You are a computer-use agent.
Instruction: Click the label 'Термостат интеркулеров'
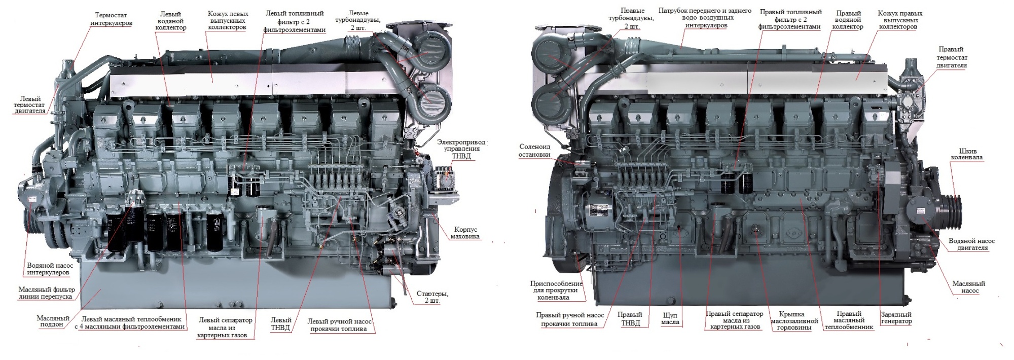coord(112,19)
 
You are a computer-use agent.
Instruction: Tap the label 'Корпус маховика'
coord(465,233)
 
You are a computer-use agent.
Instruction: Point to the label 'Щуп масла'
coord(670,318)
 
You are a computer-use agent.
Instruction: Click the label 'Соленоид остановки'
coord(534,151)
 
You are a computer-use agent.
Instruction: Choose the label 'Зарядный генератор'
coord(896,318)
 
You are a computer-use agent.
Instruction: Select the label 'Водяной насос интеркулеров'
coord(50,269)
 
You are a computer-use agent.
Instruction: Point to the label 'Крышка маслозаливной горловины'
coord(794,320)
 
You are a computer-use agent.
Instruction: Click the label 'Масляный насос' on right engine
coord(968,287)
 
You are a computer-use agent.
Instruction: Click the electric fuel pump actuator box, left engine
coord(446,179)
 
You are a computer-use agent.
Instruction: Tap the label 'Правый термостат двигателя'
coord(952,57)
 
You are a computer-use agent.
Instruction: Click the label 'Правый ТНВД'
coord(630,318)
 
